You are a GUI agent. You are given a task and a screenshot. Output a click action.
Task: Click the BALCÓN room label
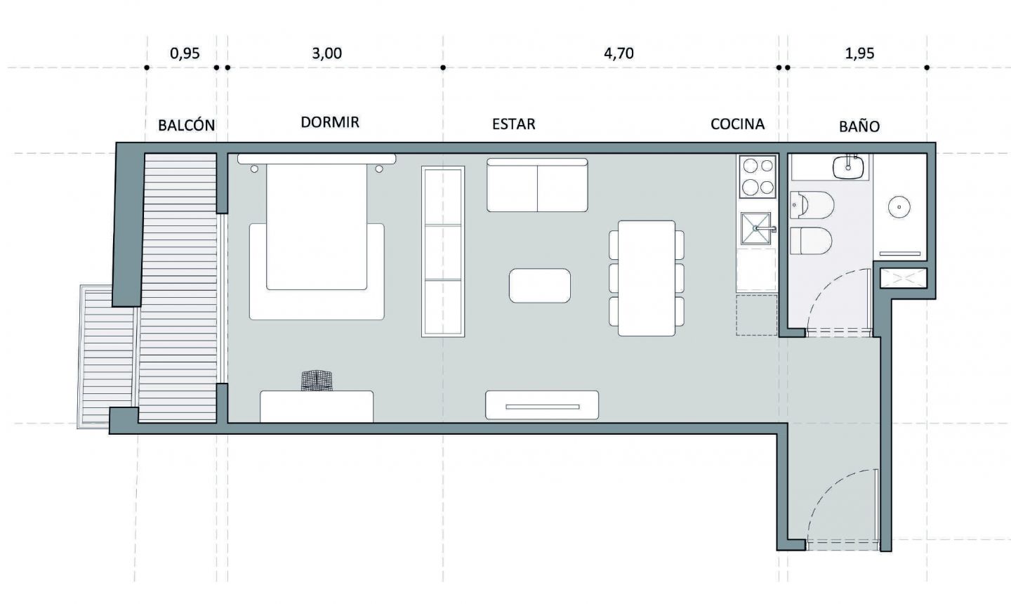click(x=187, y=125)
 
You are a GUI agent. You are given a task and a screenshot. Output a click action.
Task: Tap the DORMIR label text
click(x=330, y=122)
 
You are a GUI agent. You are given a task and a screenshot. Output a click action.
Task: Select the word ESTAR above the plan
click(x=514, y=124)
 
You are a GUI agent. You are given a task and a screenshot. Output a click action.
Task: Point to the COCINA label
click(x=737, y=124)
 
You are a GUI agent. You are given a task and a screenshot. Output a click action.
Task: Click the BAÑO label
click(x=859, y=126)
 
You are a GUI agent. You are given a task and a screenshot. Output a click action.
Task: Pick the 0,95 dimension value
click(x=185, y=53)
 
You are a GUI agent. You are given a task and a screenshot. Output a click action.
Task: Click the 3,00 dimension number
click(x=326, y=53)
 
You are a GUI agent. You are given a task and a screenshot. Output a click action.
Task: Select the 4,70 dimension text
click(x=619, y=53)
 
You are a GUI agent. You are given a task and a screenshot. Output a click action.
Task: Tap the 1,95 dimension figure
click(x=859, y=53)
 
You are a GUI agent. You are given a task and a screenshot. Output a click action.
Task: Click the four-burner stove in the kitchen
click(x=758, y=176)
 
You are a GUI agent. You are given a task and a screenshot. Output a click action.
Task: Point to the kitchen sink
click(x=756, y=228)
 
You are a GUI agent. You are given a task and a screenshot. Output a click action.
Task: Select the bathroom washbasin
click(x=848, y=167)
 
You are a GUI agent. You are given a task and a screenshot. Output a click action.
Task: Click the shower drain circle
click(x=899, y=207)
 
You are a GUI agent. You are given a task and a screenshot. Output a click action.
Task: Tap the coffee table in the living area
click(x=540, y=286)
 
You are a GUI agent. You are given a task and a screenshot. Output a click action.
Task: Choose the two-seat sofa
click(x=537, y=185)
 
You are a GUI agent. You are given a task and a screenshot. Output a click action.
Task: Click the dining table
click(x=647, y=278)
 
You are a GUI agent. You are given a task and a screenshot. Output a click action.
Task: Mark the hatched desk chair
click(x=317, y=381)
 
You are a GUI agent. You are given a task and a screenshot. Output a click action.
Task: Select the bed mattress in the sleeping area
click(x=317, y=227)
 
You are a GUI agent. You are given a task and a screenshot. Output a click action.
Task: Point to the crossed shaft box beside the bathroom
click(x=904, y=278)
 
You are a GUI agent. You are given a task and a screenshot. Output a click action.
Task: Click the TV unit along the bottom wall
click(x=542, y=405)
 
